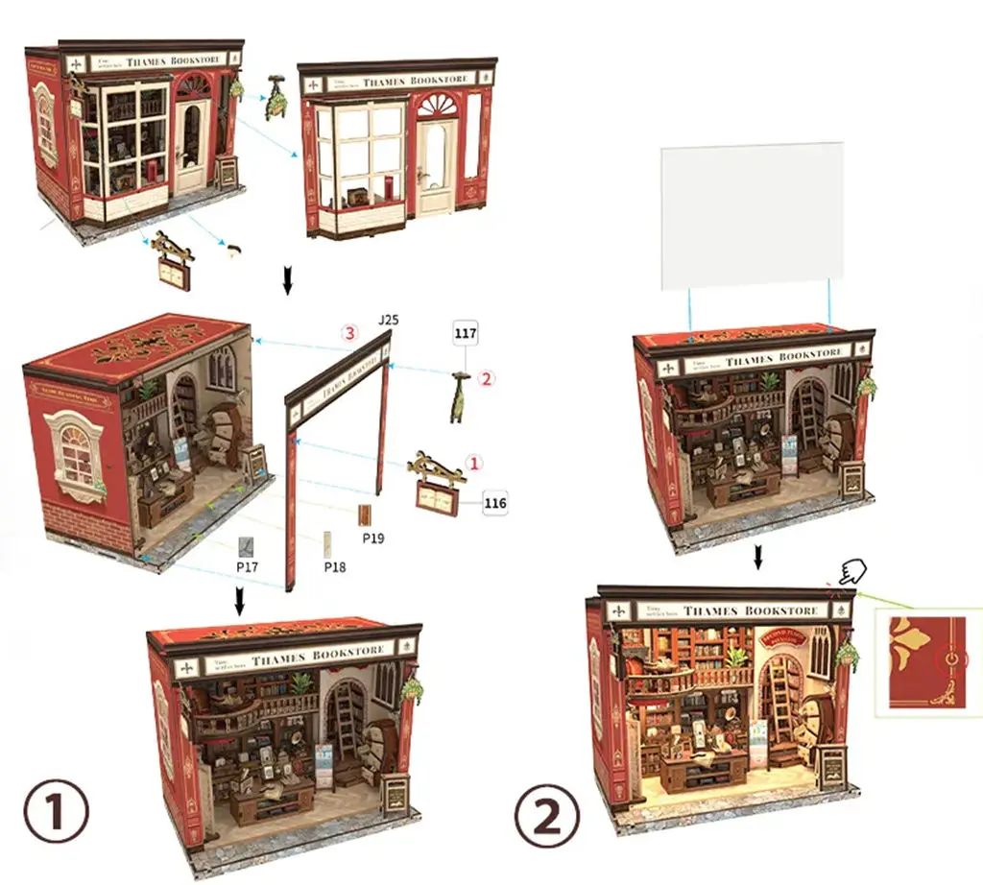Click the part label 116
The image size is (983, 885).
coord(494,502)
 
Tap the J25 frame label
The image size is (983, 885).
coord(388,319)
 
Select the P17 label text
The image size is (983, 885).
coord(249,568)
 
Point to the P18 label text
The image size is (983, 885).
coord(334,567)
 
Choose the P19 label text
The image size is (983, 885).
coord(373,538)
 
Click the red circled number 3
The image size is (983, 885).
coord(350,333)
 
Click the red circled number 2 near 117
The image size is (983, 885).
coord(487,378)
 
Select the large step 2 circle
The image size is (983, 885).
coord(547,817)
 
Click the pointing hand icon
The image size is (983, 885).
coord(851,573)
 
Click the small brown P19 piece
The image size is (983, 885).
coord(365,515)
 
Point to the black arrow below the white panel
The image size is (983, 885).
coord(758,557)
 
